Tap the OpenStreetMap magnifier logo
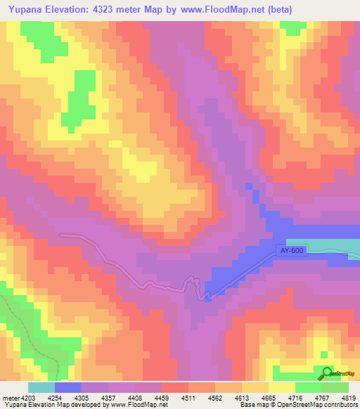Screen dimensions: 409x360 [x=326, y=374]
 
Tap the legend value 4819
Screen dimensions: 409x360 [x=349, y=397]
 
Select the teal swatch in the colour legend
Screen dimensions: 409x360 [x=41, y=387]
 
